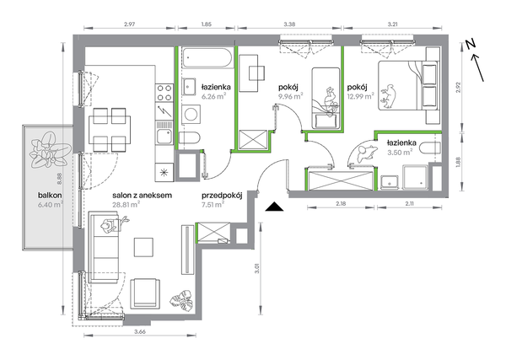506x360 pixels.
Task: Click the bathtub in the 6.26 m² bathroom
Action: click(207, 58)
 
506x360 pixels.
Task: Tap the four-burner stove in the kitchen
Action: click(164, 93)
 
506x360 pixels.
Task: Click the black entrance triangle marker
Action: click(274, 207)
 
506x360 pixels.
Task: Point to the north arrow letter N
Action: click(471, 44)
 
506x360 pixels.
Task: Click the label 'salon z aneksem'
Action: click(142, 195)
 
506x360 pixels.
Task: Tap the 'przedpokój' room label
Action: click(222, 196)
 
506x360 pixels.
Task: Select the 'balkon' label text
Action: click(50, 195)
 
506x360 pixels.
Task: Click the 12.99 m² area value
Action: click(360, 96)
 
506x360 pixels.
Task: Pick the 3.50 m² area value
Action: click(400, 152)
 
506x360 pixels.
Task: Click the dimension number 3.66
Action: click(140, 331)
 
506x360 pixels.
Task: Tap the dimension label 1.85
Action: click(207, 24)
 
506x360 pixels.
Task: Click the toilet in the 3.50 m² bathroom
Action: click(430, 148)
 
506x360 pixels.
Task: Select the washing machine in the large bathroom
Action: click(191, 115)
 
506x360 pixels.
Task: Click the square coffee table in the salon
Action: click(143, 247)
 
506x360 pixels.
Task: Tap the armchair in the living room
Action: click(145, 293)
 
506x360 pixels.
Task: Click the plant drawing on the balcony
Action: click(50, 150)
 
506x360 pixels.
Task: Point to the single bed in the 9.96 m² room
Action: click(326, 98)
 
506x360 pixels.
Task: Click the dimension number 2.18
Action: click(341, 203)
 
